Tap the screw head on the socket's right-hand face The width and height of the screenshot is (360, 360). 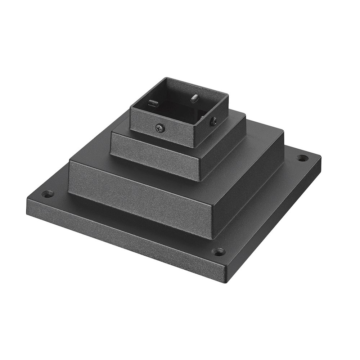[214, 121]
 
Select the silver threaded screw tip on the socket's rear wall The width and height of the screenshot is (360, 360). [195, 98]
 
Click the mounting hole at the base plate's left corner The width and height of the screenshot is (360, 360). [46, 194]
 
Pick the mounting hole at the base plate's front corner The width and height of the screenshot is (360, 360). [219, 251]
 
